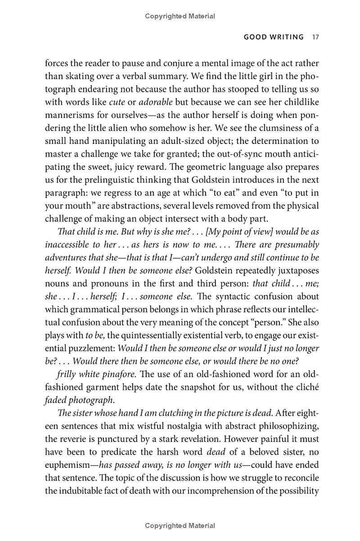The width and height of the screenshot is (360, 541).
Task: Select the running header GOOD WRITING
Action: [x=274, y=37]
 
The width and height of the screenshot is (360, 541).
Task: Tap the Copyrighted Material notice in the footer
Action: [x=180, y=526]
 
